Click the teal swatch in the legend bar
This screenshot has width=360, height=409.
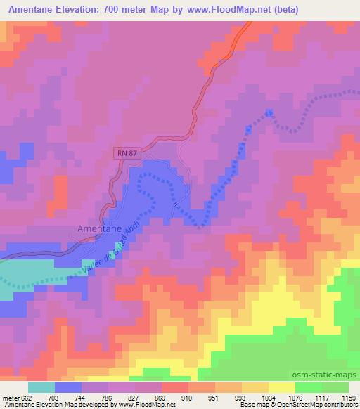[41, 387]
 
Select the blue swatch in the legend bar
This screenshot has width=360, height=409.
[68, 387]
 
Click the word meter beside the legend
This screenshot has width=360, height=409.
[10, 398]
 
